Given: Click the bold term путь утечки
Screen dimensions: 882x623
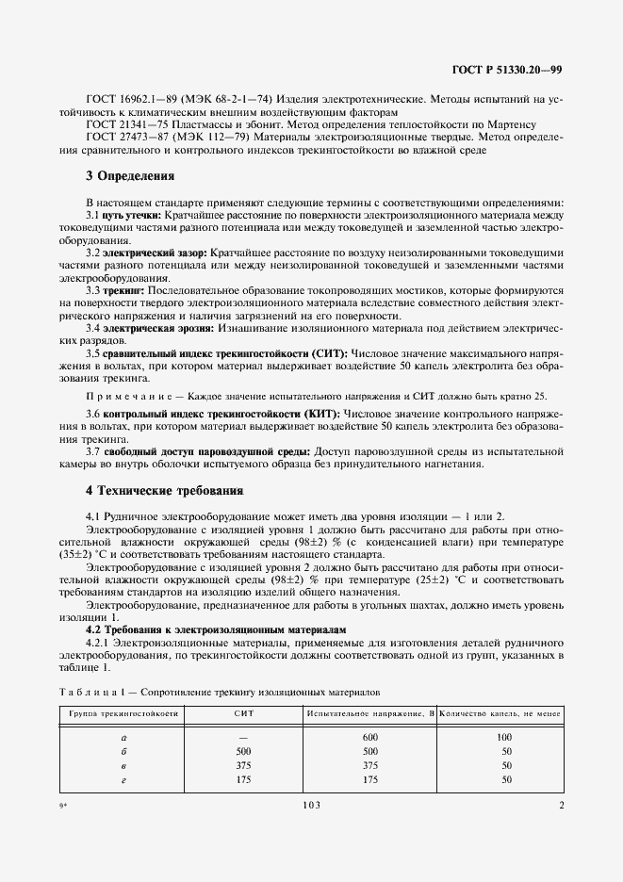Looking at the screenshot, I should click(x=132, y=216).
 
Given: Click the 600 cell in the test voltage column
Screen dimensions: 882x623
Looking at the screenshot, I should click(x=369, y=737).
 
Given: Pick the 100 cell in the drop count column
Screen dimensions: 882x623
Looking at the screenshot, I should click(x=505, y=737).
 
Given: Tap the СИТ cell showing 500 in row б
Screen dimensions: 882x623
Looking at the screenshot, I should click(x=243, y=751).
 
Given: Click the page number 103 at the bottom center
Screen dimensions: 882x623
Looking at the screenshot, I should click(x=311, y=806).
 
